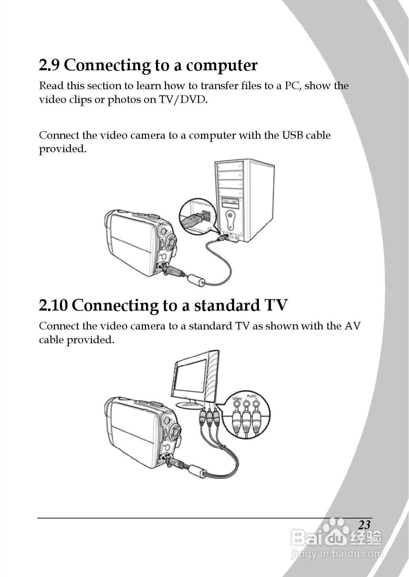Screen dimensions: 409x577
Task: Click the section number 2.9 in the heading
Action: [49, 65]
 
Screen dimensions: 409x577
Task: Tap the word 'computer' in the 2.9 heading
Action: [222, 66]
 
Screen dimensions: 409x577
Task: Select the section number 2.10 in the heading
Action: [53, 305]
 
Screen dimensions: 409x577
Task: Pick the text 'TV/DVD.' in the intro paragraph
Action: [183, 99]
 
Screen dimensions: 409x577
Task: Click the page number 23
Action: [364, 525]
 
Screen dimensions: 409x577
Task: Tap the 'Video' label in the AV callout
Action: [237, 398]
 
